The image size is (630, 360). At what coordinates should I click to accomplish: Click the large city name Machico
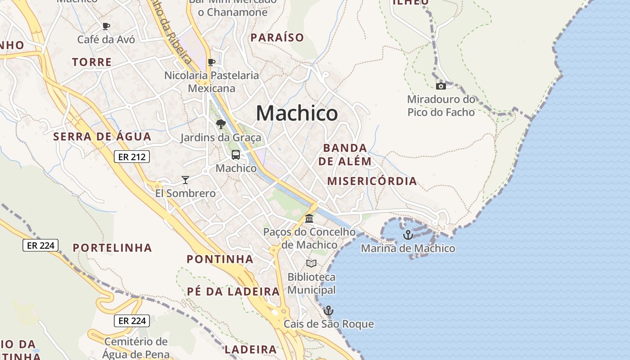(x=297, y=113)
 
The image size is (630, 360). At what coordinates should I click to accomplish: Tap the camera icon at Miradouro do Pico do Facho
(x=441, y=86)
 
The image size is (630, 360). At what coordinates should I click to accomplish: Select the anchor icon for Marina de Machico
(x=408, y=235)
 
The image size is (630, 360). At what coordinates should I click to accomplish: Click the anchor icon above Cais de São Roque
(x=328, y=310)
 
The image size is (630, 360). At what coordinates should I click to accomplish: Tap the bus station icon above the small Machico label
(x=236, y=155)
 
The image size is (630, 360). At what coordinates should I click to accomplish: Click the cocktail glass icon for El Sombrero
(x=185, y=180)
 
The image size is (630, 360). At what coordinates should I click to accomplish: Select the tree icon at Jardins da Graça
(x=220, y=124)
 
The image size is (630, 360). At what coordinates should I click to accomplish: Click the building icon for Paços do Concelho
(x=309, y=219)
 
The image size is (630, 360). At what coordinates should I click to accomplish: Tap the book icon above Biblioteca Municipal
(x=311, y=263)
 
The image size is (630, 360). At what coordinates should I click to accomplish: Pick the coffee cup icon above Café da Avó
(x=106, y=26)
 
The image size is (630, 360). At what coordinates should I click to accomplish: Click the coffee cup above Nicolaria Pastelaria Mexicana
(x=211, y=62)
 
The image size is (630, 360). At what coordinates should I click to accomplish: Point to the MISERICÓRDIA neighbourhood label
(x=372, y=181)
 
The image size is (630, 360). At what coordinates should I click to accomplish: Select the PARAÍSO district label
(x=277, y=38)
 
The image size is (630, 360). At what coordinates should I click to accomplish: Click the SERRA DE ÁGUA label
(x=102, y=136)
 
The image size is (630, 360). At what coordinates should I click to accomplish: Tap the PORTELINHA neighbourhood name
(x=112, y=248)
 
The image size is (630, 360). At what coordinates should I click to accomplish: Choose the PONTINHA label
(x=220, y=259)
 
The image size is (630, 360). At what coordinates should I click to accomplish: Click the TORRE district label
(x=92, y=62)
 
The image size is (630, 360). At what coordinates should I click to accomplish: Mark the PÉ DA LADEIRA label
(x=234, y=292)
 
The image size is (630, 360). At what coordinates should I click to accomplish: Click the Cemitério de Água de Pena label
(x=136, y=348)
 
